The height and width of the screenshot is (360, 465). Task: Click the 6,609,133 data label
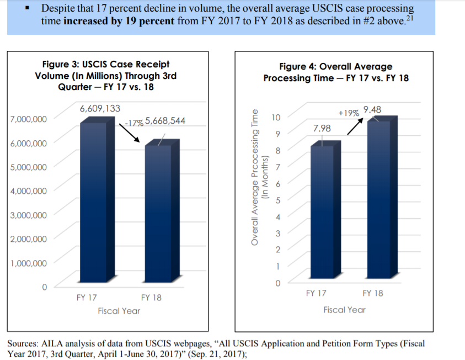[100, 108]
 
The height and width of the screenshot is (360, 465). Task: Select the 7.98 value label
[322, 128]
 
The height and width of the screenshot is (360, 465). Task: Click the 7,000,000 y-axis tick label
[29, 119]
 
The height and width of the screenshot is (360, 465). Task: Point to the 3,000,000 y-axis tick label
[29, 215]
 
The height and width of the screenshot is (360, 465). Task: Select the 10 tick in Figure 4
[276, 117]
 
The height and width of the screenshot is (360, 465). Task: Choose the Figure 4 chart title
[336, 72]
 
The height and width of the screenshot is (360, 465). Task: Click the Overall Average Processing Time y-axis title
[257, 183]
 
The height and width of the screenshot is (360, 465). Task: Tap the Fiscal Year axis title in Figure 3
[119, 311]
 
